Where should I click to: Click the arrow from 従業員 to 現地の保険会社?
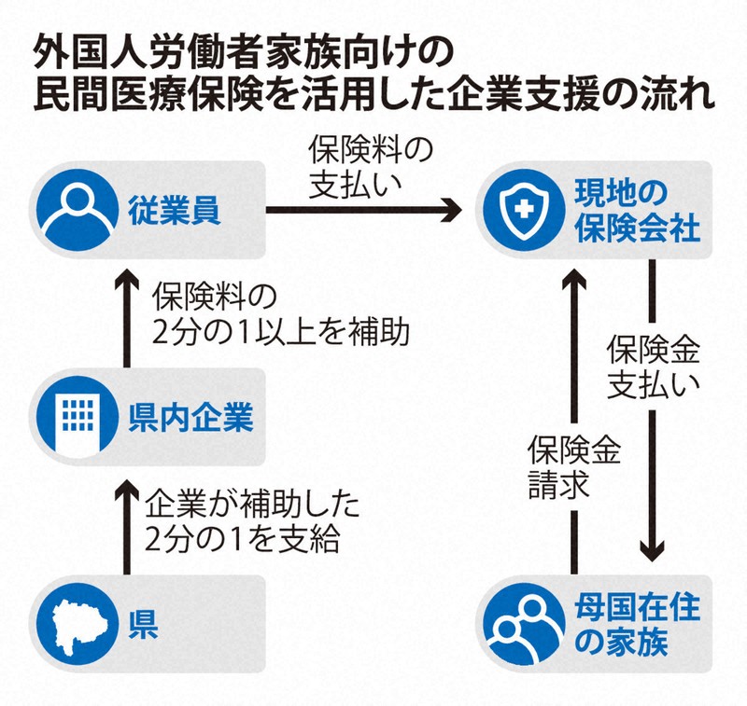(364, 214)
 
